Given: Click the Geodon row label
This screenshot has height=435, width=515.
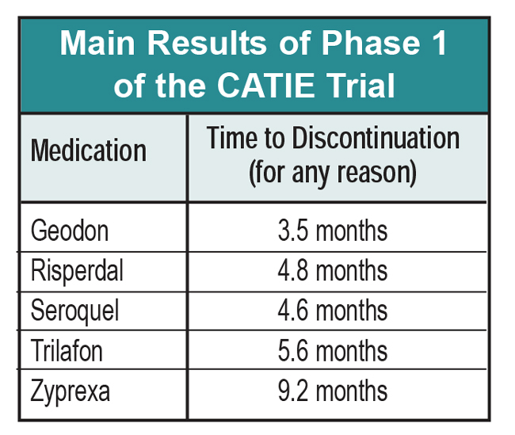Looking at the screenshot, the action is click(x=70, y=231).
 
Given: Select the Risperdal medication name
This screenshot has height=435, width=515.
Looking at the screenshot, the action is click(x=77, y=272).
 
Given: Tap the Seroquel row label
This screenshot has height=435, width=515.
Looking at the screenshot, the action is click(x=74, y=311).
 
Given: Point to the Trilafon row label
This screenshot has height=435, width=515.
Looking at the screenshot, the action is click(x=67, y=350).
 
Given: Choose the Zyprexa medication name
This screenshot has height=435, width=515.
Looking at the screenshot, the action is click(x=71, y=391).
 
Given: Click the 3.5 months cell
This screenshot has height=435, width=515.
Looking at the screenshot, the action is click(x=333, y=231).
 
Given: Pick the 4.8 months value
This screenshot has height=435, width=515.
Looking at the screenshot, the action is click(x=333, y=270).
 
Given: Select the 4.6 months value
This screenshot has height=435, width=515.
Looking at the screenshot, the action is click(x=333, y=311).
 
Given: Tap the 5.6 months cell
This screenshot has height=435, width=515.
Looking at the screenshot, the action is click(x=333, y=350).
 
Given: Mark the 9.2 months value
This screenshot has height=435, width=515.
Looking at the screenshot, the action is click(x=333, y=391).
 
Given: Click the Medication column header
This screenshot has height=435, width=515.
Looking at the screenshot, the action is click(x=89, y=150).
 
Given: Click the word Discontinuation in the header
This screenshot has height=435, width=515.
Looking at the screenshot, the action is click(x=376, y=138).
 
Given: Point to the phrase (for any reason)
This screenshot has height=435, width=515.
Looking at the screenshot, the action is click(x=333, y=173).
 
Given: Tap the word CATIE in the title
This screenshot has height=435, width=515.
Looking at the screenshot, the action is click(x=265, y=85).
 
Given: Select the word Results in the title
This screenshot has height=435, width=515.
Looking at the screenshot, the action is click(x=207, y=43).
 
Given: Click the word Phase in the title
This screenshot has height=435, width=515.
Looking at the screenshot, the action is click(x=371, y=43).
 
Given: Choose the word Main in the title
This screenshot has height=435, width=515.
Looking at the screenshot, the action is click(x=97, y=43).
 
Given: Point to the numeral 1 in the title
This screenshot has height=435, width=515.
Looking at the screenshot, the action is click(x=439, y=43).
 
